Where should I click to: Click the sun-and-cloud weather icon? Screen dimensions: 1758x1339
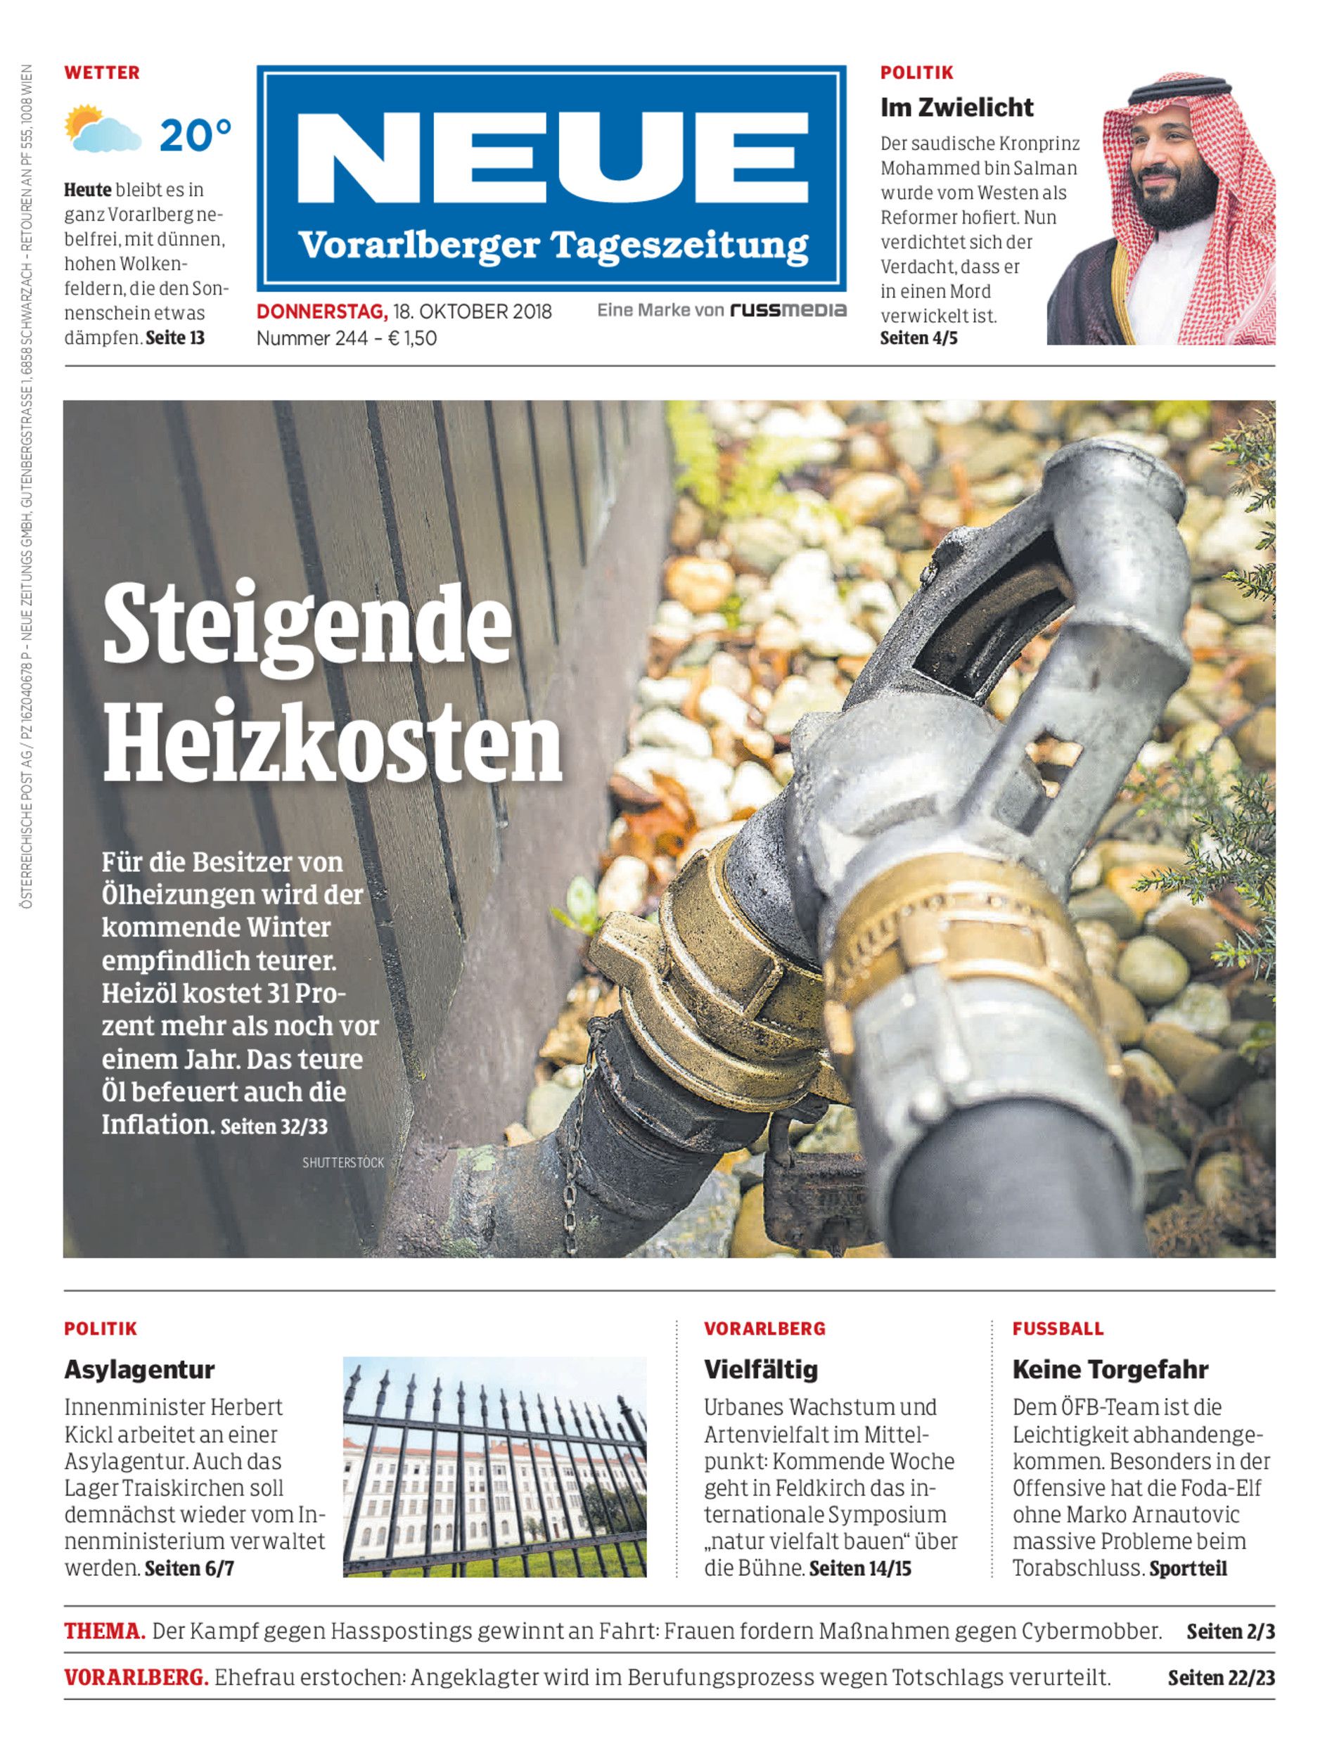[102, 129]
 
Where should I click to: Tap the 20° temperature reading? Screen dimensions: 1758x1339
[196, 136]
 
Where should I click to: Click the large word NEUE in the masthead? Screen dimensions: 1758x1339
[551, 160]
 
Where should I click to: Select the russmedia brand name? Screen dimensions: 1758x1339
[788, 310]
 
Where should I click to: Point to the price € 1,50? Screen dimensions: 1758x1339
[412, 338]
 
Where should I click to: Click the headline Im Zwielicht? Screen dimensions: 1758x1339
[956, 107]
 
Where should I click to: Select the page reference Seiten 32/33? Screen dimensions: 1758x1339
[274, 1126]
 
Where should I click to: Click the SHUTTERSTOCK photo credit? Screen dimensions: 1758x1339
[342, 1162]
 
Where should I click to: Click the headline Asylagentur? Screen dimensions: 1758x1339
[139, 1369]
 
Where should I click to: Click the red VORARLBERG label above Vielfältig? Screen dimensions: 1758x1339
[764, 1328]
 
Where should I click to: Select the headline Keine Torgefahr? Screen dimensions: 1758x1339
[1110, 1369]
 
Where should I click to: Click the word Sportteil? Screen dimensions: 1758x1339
[1188, 1568]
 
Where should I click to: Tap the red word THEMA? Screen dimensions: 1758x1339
[104, 1631]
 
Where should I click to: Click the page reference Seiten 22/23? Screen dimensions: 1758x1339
[1221, 1678]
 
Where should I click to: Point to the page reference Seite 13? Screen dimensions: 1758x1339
[175, 338]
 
